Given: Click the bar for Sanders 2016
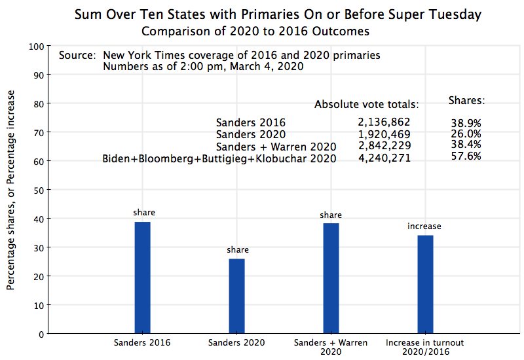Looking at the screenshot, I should (143, 278).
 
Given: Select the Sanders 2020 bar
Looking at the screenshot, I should (236, 296).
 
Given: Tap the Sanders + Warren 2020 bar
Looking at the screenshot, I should (331, 278).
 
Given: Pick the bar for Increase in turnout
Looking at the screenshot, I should (425, 284).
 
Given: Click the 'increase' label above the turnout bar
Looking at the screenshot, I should (424, 226).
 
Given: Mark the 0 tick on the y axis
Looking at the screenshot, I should (40, 334).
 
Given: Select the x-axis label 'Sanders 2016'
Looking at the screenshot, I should (142, 342).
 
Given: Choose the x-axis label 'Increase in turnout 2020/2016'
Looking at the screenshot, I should (424, 347).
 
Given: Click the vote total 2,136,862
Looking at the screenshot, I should (384, 122).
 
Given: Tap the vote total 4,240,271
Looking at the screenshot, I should (384, 158).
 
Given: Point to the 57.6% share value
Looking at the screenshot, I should (466, 156).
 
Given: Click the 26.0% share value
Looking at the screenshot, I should (466, 134).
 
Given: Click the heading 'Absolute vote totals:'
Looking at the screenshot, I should (366, 104).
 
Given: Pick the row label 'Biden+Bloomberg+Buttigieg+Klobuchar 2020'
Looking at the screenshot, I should (219, 158).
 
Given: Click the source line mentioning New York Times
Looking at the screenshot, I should (219, 55).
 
